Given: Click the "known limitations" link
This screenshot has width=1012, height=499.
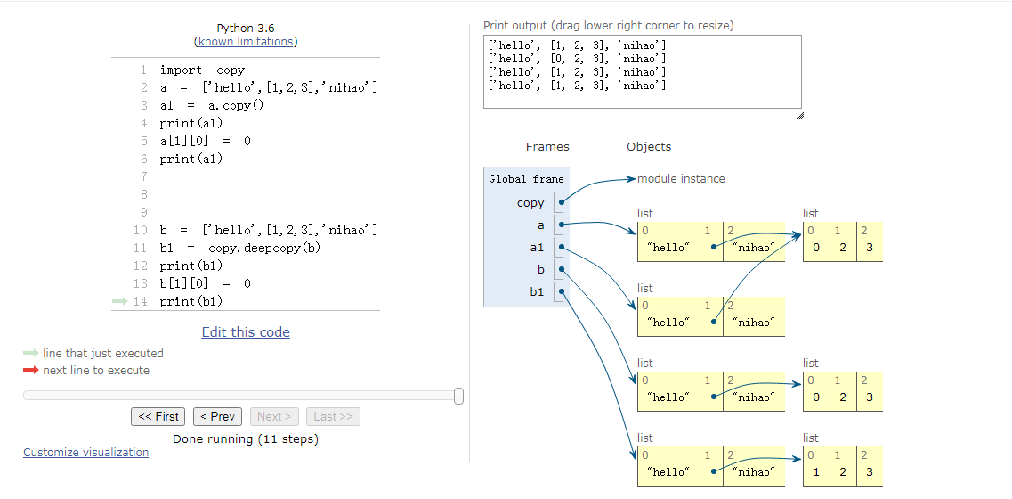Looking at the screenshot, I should (x=245, y=42).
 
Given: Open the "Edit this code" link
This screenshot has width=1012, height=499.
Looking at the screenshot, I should (x=246, y=332).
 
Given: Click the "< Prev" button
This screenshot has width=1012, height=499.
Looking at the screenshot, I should (x=217, y=416).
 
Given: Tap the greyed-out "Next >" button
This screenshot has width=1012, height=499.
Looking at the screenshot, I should (x=275, y=416).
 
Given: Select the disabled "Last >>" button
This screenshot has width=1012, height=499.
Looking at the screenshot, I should (x=333, y=416).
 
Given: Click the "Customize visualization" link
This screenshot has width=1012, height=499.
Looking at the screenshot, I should (x=85, y=453).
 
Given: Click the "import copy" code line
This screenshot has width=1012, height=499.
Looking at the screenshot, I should (x=202, y=70).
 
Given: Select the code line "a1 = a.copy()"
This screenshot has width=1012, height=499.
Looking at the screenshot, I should (x=212, y=105).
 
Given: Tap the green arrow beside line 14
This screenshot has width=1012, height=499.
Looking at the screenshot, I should (x=120, y=301).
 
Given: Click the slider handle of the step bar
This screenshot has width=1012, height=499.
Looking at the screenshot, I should (x=458, y=396).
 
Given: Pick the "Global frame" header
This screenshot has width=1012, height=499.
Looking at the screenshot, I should (x=526, y=179).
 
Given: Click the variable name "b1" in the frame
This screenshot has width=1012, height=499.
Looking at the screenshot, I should (x=537, y=291).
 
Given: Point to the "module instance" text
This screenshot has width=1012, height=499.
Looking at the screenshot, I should (x=681, y=179).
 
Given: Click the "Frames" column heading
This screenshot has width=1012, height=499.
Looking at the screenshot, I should (x=547, y=147).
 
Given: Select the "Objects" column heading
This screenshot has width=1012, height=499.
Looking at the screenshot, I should (x=649, y=147).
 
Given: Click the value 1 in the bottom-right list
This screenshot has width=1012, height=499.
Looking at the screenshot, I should (x=816, y=472).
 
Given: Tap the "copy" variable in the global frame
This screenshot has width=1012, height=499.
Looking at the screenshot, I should (x=530, y=203).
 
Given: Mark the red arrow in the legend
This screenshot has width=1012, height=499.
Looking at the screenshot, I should (x=31, y=371).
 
